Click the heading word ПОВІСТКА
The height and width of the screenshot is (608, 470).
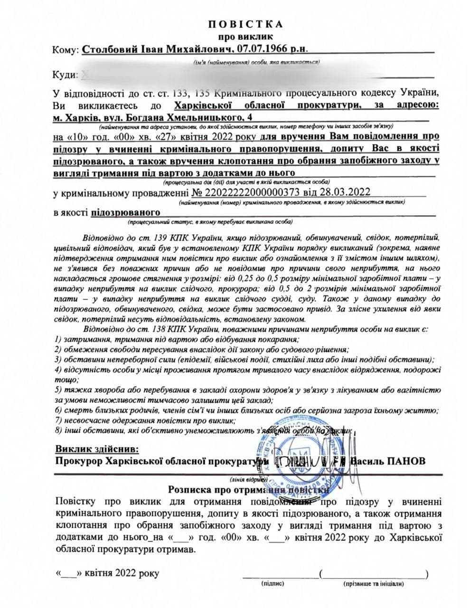245,25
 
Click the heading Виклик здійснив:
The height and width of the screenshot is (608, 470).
97,449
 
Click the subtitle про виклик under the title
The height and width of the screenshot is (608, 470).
245,36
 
